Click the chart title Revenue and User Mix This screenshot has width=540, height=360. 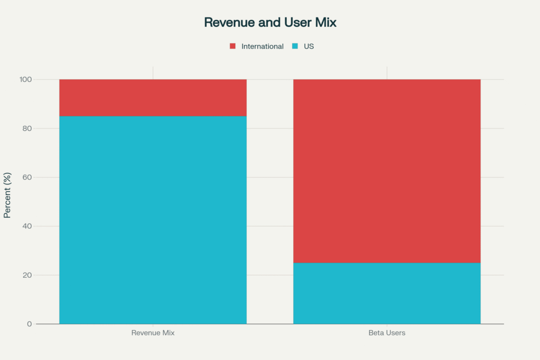tap(270, 23)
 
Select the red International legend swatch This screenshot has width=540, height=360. tap(233, 46)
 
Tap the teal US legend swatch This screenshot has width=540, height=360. tap(295, 46)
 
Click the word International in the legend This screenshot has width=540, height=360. tap(262, 46)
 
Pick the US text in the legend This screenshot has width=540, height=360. tap(308, 46)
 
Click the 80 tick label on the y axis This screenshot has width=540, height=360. tap(27, 129)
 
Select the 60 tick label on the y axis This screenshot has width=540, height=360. tap(27, 178)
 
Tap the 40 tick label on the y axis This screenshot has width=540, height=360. tap(27, 227)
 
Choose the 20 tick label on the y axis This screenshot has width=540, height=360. tap(27, 275)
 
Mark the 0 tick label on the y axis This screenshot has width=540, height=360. tap(30, 324)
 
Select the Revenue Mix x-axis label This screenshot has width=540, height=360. tap(153, 333)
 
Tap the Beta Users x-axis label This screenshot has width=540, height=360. tap(387, 333)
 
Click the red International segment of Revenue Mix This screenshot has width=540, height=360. tap(153, 98)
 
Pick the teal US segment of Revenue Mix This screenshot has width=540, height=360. tap(153, 220)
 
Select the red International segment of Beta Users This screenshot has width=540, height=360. tap(387, 171)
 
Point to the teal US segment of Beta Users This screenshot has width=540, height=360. tap(387, 293)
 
